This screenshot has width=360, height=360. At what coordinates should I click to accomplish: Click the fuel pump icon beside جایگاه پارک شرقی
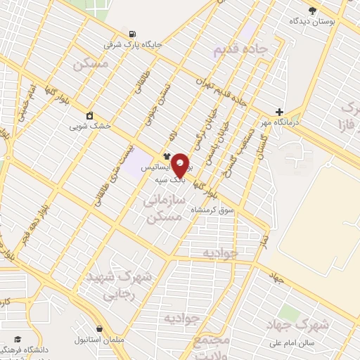[132, 34]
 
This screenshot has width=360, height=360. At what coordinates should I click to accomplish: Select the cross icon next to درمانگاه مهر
[280, 112]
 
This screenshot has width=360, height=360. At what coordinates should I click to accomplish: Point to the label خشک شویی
[89, 127]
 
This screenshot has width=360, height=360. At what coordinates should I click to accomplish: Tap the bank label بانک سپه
[172, 180]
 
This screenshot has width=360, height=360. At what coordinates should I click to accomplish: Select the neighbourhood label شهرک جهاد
[299, 325]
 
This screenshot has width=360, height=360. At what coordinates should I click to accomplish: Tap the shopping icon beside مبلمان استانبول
[100, 328]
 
